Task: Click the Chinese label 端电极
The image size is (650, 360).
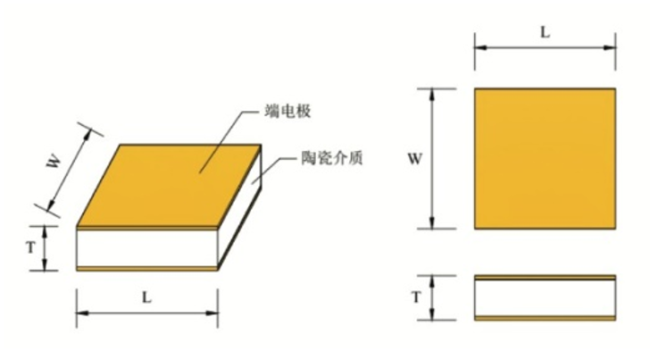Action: [287, 111]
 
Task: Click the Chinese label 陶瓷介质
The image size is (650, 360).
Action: [332, 158]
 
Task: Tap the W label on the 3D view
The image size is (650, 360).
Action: [54, 162]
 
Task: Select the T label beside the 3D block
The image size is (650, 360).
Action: [31, 247]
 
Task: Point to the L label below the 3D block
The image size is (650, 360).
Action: [146, 297]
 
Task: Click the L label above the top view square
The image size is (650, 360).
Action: [546, 32]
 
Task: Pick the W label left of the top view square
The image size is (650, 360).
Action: [415, 158]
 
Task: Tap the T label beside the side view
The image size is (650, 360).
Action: [417, 297]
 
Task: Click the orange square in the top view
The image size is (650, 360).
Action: [545, 158]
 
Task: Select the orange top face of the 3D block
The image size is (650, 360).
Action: [169, 186]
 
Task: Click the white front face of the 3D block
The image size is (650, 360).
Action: [147, 248]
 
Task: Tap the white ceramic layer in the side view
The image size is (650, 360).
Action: [545, 297]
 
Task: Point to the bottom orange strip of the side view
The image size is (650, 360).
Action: [545, 318]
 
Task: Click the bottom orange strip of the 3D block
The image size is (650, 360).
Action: [147, 269]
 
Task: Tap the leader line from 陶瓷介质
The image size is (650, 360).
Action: [271, 168]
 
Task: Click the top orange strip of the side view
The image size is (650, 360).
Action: [545, 278]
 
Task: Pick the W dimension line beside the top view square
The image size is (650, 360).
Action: [432, 158]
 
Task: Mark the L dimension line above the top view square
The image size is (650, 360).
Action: [546, 47]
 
